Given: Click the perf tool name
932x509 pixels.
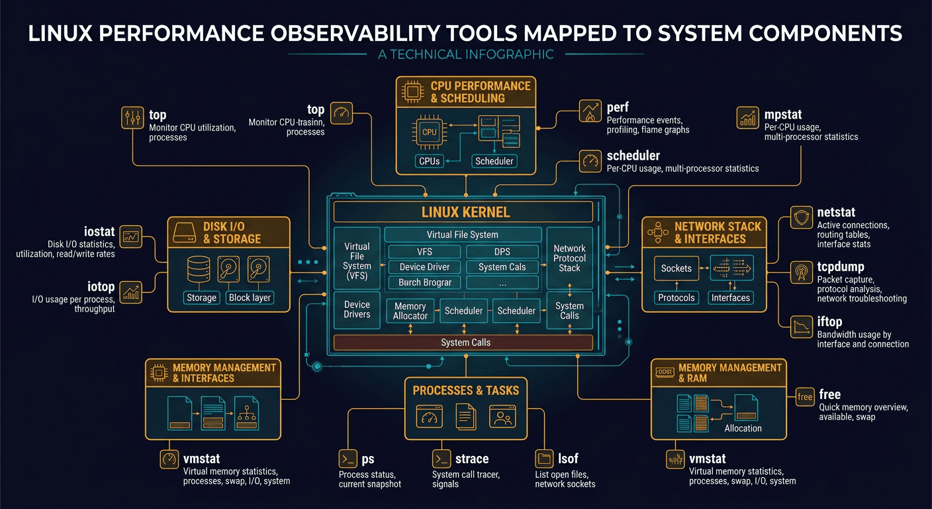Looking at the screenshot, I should click(x=618, y=107).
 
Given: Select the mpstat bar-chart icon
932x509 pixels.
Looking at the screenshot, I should click(x=747, y=118).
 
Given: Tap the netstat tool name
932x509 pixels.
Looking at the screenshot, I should click(x=836, y=213).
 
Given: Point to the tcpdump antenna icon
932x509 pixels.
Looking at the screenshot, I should click(x=801, y=271).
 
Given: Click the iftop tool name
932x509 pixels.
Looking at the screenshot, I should click(x=831, y=321).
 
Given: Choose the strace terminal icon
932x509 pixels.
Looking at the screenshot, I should click(x=442, y=459).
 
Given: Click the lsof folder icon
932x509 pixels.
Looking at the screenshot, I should click(x=544, y=459).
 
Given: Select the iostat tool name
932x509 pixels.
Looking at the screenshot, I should click(x=100, y=232).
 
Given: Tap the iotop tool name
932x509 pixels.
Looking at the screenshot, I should click(x=101, y=287).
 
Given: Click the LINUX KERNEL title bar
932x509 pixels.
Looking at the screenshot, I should click(x=463, y=212).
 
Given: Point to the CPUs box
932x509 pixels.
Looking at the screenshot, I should click(x=430, y=161).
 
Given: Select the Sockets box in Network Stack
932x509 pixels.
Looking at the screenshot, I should click(x=676, y=268).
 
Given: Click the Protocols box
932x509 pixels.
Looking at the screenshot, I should click(x=676, y=298).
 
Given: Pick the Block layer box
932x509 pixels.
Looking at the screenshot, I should click(x=250, y=298).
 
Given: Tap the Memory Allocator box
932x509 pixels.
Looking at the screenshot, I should click(x=410, y=311).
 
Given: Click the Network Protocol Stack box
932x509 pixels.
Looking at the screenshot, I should click(x=569, y=258).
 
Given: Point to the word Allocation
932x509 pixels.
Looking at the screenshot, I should click(x=743, y=428).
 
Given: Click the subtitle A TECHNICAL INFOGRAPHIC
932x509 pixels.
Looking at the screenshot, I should click(x=465, y=54).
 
